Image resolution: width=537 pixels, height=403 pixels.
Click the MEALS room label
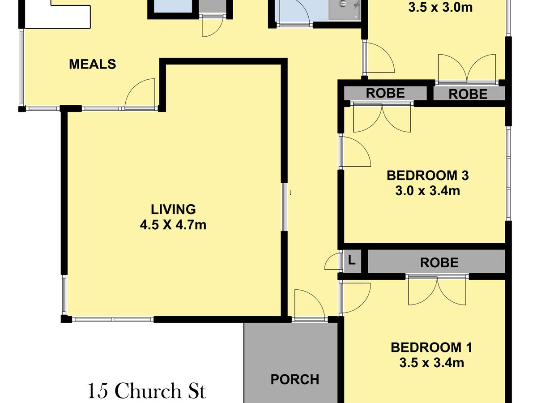(93, 64)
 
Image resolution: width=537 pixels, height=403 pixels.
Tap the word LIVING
(173, 210)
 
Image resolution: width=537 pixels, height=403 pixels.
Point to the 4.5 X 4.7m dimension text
(173, 225)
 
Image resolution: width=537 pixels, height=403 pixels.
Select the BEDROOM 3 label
(428, 176)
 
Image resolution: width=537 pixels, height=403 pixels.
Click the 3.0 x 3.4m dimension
(428, 191)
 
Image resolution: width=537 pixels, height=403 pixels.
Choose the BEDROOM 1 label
(431, 347)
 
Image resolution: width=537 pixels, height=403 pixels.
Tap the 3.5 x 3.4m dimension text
(431, 363)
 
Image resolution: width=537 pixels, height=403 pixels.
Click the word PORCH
(295, 380)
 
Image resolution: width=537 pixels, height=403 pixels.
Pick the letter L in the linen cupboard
(352, 260)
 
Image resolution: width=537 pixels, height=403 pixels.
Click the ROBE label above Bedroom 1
(439, 263)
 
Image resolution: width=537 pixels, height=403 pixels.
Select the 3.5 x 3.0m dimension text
(440, 8)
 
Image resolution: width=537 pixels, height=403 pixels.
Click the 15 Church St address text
(147, 391)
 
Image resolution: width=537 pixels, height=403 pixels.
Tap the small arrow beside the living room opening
(290, 193)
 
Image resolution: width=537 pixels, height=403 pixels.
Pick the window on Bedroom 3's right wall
(508, 174)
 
